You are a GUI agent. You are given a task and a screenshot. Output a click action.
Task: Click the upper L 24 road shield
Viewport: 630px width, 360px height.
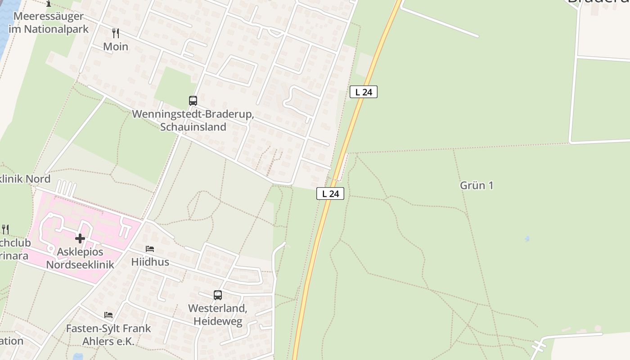363,92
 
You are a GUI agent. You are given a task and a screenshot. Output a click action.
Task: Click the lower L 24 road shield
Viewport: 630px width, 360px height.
330,193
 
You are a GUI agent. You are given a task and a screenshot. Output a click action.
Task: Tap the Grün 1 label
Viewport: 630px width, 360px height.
477,185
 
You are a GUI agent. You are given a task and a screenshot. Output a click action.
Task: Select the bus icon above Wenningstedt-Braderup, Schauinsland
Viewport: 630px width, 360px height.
193,101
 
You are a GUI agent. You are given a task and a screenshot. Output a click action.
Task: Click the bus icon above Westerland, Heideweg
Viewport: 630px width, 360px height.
218,295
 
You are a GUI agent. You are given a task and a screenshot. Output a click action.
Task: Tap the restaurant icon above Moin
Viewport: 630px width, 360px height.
116,33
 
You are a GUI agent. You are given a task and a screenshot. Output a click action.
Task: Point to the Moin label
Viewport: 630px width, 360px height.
116,46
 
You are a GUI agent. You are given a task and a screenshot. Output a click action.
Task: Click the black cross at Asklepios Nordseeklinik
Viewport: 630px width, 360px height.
80,238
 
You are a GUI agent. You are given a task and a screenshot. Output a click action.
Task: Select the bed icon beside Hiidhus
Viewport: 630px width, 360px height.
150,248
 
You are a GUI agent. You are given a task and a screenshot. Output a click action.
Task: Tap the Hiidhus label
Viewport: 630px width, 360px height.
150,261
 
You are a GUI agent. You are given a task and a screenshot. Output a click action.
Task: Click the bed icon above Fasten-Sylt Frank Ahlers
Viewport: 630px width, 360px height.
108,315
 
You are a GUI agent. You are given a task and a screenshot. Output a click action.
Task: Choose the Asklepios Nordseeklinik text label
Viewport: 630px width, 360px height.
80,258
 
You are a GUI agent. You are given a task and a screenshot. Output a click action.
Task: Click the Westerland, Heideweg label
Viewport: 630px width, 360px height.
218,315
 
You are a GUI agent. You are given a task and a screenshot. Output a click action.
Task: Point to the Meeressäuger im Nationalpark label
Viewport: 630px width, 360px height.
49,22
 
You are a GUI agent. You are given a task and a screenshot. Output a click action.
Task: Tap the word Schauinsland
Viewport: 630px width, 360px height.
193,127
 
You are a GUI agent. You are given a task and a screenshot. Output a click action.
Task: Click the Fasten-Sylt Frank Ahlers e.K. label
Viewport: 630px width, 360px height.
108,335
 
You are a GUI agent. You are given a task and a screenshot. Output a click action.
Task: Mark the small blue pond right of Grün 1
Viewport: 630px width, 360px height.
527,239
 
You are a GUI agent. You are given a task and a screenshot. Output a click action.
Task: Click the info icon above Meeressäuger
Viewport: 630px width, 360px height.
49,4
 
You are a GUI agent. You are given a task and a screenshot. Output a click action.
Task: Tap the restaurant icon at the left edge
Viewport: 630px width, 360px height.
5,229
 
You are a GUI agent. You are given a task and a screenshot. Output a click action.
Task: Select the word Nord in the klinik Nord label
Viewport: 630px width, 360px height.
37,179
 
